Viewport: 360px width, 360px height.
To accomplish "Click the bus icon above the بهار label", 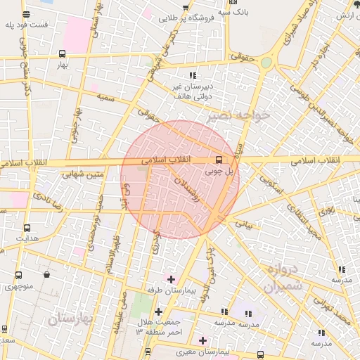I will tap(62, 53).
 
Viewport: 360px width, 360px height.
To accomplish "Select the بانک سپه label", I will tap(233, 13).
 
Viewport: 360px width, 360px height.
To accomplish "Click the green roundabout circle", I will tap(266, 63).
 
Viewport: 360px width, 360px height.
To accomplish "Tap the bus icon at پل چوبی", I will tap(219, 160).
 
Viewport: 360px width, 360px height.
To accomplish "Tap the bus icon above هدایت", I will tap(27, 228).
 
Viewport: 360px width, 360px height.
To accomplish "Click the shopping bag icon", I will tap(46, 274).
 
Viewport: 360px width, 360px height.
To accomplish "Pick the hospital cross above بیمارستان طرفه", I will tap(171, 279).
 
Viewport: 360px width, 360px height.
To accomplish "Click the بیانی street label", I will tap(243, 224).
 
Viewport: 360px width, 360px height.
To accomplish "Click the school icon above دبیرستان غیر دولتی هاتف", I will tap(192, 76).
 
